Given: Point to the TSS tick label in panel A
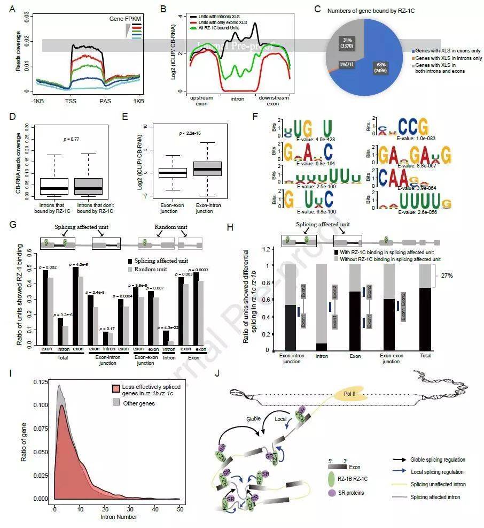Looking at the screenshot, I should click(x=70, y=100).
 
